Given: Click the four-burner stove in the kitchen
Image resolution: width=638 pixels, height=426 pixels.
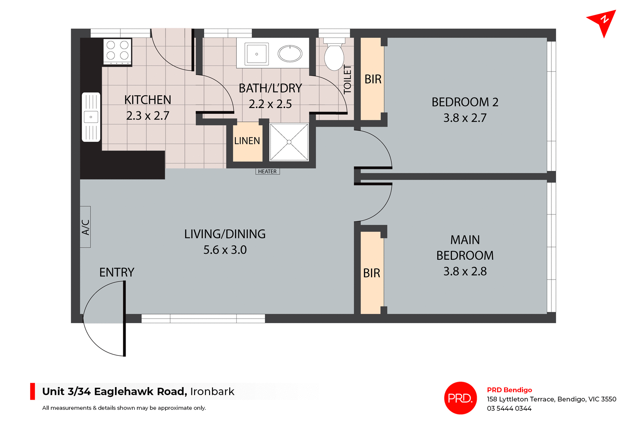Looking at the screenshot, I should (x=117, y=51).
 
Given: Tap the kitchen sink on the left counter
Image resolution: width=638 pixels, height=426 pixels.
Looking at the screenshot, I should (x=91, y=117).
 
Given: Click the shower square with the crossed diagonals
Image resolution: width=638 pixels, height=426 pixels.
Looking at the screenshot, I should (x=289, y=142).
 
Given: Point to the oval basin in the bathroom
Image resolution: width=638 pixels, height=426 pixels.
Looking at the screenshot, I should (x=290, y=54).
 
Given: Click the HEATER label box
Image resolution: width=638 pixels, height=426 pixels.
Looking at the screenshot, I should (x=267, y=172).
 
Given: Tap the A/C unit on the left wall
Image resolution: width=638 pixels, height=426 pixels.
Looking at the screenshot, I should (x=85, y=227).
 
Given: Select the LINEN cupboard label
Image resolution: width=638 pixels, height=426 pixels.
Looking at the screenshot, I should (x=247, y=141).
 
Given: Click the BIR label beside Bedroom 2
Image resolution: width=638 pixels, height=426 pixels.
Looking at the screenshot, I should (x=373, y=79).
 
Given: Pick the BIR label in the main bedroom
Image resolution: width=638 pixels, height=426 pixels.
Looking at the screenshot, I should (x=372, y=273).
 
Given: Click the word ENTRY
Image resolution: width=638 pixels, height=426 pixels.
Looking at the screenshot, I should (x=117, y=273).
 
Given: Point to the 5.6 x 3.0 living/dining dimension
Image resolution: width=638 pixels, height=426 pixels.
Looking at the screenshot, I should (x=225, y=250).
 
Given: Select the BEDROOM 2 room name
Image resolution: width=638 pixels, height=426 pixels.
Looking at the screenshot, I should (x=465, y=102).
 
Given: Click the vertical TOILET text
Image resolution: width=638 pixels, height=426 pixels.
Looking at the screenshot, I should (x=347, y=79).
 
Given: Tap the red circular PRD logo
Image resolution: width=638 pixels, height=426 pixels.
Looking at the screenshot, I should (x=460, y=398).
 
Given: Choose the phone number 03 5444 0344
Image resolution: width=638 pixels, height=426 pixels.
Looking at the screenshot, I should (x=509, y=408).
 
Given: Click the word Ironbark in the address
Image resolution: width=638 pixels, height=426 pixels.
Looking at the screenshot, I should (x=212, y=392).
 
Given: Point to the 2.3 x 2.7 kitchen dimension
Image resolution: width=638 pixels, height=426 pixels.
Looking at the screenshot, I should (x=148, y=116).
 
